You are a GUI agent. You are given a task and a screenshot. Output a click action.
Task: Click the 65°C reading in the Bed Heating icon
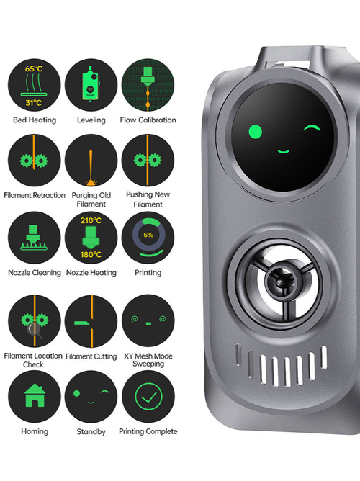pos(34,68)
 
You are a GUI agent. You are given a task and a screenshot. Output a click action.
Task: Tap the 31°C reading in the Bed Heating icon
pos(34,103)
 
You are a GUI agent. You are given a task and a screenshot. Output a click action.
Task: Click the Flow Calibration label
pos(148,120)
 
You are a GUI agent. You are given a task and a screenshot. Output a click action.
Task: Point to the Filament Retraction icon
pos(35,160)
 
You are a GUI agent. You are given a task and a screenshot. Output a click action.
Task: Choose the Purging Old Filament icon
pos(91,160)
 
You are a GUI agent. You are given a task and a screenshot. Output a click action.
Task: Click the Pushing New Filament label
pos(148,199)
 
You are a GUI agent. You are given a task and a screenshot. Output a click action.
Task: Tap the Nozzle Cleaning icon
pos(35,238)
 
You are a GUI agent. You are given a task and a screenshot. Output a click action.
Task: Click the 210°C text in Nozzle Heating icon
pos(91,220)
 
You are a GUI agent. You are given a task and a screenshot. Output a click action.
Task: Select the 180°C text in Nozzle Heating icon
pos(91,255)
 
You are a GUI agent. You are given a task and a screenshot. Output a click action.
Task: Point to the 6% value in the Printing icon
pos(148,235)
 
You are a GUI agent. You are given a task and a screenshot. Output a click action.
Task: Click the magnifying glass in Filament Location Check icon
pos(35,331)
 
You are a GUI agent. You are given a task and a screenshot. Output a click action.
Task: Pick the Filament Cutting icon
pos(91,321)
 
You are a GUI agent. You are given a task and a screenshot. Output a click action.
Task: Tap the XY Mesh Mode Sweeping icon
pos(148,320)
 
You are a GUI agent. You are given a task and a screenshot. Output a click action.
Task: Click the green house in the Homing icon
pos(35,395)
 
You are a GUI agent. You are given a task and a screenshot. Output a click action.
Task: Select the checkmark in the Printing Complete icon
pos(149,397)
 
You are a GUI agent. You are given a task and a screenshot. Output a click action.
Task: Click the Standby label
pos(91,431)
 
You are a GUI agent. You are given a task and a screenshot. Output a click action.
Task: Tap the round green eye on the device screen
pos(255,132)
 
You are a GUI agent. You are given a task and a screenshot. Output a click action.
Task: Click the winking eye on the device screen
pos(312,128)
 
